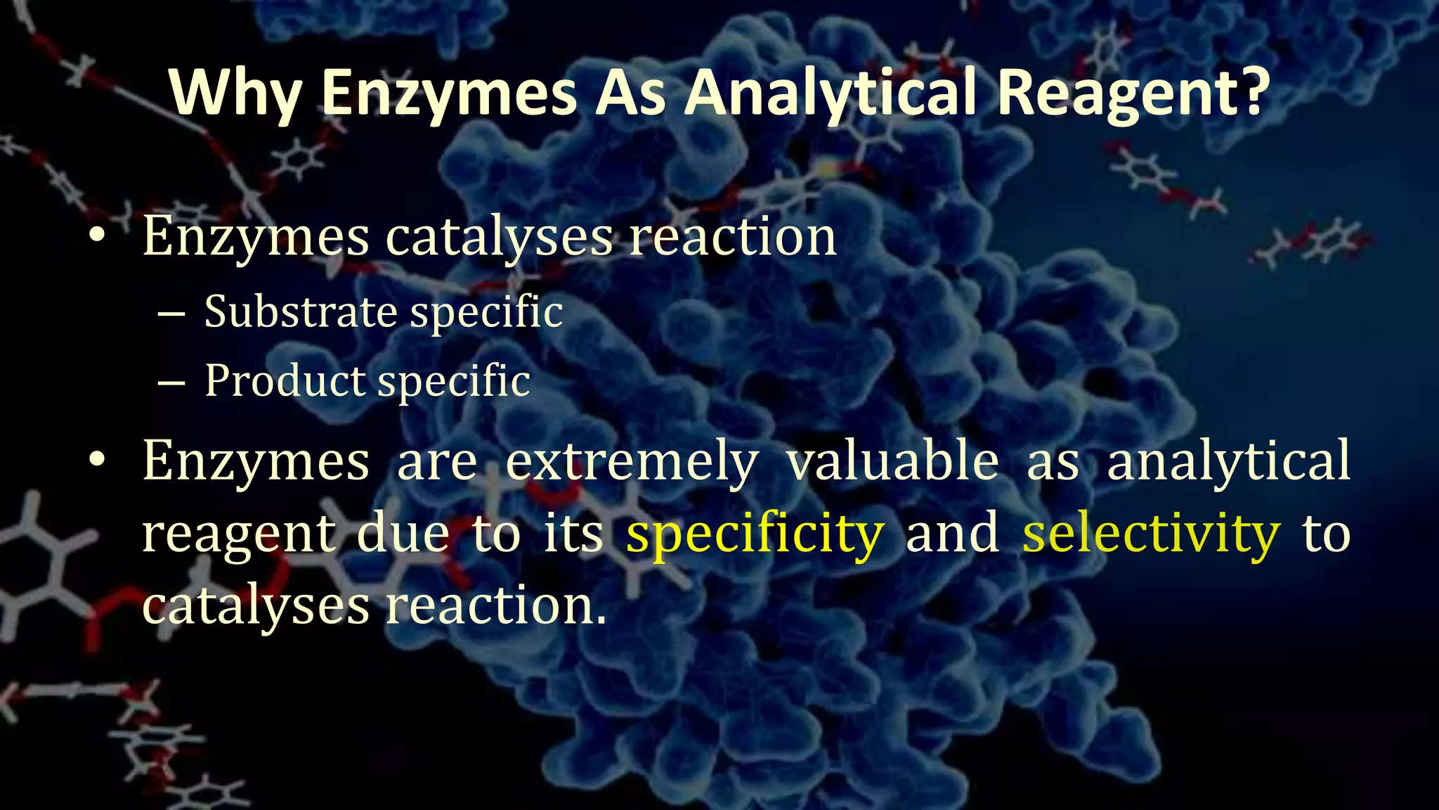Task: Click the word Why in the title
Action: (x=235, y=94)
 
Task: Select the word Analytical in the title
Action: (x=831, y=94)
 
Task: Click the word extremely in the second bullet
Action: (x=632, y=461)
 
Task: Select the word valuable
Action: (x=892, y=461)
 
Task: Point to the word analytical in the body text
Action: (x=1228, y=461)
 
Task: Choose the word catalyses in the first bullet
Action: (x=499, y=238)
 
